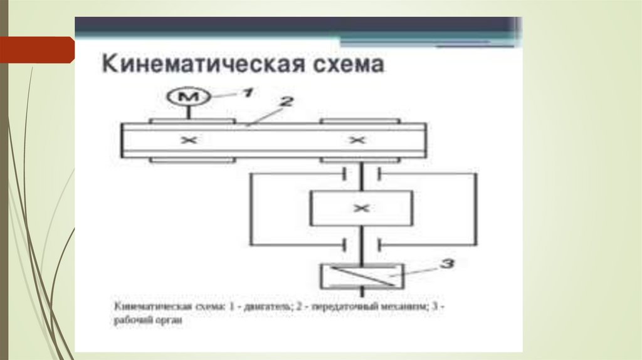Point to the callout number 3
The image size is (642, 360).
(446, 263)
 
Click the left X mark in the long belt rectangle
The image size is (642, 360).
(188, 141)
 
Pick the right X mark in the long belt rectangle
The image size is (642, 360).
(357, 141)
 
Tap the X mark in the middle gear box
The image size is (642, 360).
(360, 208)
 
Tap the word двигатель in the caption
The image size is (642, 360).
(271, 307)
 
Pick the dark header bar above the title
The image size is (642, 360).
(295, 26)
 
